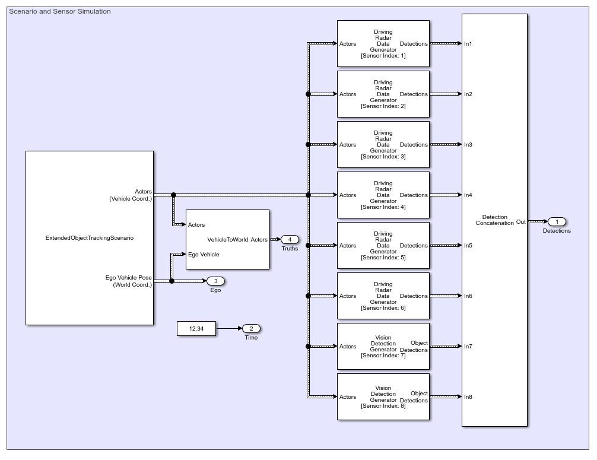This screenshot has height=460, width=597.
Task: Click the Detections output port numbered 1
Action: (557, 221)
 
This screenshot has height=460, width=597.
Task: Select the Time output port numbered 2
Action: (251, 328)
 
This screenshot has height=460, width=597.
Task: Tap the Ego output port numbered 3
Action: (215, 281)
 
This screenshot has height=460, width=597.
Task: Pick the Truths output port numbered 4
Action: (290, 239)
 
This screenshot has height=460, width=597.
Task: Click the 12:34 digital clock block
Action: (196, 328)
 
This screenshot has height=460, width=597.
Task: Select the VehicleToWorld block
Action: (227, 239)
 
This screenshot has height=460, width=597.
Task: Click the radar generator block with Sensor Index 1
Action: (383, 43)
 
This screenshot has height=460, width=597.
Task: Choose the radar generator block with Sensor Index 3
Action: (383, 144)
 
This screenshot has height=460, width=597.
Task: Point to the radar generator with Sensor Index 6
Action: (383, 296)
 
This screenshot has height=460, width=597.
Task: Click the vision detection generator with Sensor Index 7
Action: (383, 346)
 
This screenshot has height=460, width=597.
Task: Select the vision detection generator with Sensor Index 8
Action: (383, 396)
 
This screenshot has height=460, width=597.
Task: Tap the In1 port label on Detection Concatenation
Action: (468, 44)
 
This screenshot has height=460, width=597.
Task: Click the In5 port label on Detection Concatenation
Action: (468, 246)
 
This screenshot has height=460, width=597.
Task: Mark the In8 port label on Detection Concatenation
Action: (468, 397)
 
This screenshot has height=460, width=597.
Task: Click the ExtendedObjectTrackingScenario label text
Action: (90, 238)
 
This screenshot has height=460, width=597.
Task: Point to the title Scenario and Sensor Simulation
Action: (59, 11)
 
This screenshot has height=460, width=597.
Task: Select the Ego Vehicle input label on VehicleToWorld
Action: (204, 255)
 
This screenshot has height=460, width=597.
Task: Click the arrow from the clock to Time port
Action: (228, 328)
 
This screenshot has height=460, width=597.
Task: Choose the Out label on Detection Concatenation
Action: (520, 222)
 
